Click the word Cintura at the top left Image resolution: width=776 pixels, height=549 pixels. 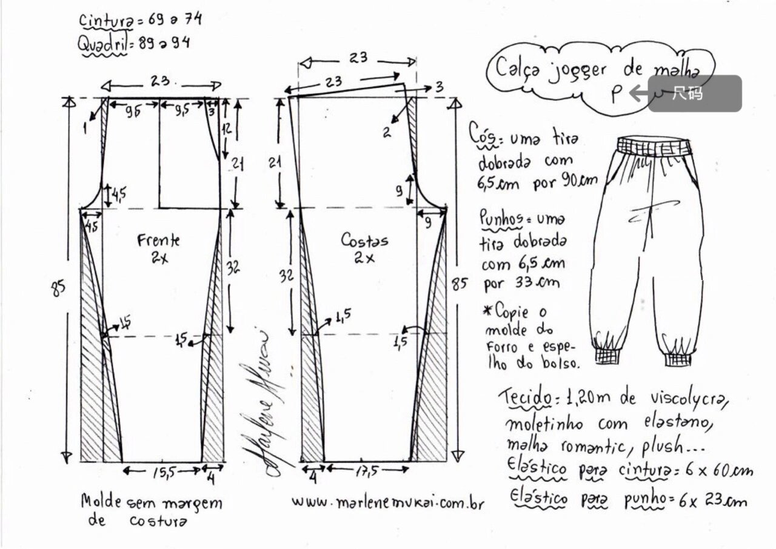[x=106, y=20]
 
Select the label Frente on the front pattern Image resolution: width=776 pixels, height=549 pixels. [x=159, y=241]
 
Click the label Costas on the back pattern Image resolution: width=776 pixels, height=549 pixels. [x=364, y=241]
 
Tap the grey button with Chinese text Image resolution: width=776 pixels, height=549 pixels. [x=695, y=93]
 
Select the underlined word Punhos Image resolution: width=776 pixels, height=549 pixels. [x=501, y=219]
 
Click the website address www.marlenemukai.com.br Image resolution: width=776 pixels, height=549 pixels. [x=388, y=502]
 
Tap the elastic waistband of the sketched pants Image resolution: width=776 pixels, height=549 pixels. [x=654, y=146]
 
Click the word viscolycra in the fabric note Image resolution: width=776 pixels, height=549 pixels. [x=687, y=399]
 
